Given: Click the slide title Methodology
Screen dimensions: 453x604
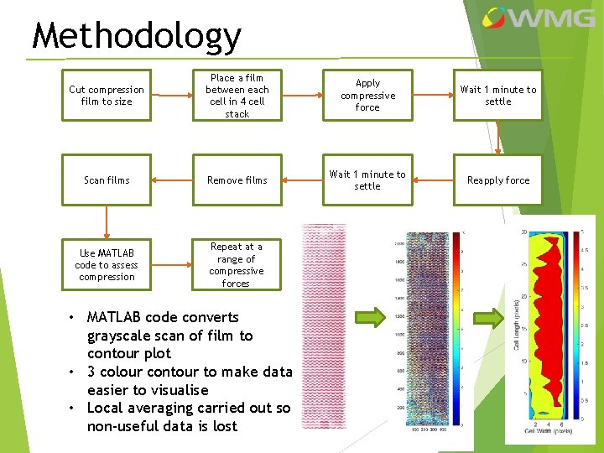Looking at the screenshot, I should point(136,36).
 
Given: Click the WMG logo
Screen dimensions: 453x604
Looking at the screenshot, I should point(528,18).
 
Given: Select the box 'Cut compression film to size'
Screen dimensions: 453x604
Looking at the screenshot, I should point(107,96).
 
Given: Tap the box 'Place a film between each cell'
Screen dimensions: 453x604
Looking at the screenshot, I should point(237,96).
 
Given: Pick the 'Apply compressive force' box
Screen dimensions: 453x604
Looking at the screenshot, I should point(367,96).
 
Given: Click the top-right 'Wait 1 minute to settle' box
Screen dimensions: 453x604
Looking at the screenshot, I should point(498,96).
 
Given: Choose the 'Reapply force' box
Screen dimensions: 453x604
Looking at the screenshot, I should point(498,180).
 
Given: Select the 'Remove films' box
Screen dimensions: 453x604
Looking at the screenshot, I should point(237,180).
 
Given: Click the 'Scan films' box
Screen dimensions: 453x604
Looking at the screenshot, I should point(107,180).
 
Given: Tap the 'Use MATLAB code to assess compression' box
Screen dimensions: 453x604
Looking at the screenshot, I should point(107,264).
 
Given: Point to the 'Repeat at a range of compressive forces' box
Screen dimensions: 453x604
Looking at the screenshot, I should point(237,264).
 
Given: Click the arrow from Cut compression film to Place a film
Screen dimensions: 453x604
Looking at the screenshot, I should point(172,96).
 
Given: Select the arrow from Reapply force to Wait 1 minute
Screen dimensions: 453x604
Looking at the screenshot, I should point(433,180).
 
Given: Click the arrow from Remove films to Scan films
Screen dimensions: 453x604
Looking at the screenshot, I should point(172,180).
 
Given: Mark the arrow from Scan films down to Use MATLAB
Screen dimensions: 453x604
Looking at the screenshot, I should point(107,222).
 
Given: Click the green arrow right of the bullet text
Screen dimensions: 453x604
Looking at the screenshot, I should point(369,316).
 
